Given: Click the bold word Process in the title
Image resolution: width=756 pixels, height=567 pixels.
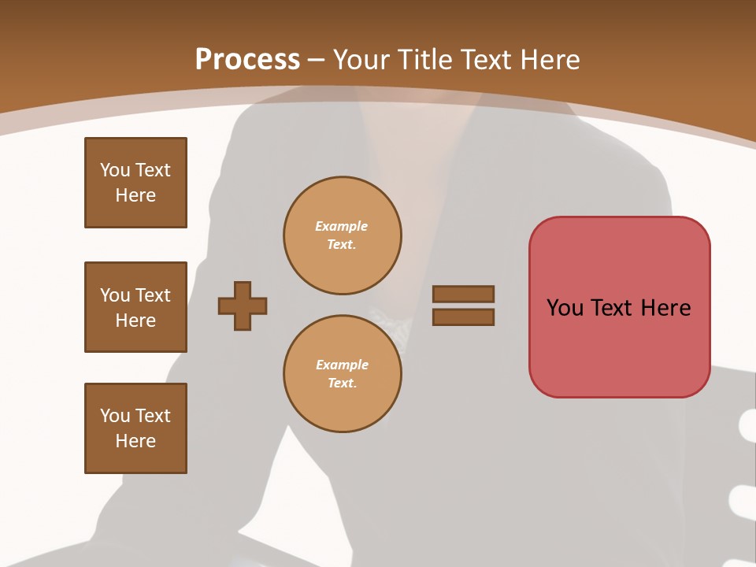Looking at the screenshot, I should coord(247,60).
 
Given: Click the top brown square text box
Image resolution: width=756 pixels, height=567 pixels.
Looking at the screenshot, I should coord(135,183).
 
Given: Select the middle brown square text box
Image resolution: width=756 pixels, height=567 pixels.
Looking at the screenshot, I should coord(135,307).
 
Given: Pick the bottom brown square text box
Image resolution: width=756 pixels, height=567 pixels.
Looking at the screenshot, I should coord(135,428).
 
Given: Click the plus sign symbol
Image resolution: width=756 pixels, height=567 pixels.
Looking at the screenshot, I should coord(243,306).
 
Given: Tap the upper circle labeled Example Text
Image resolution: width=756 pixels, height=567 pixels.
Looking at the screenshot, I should coord(342,235).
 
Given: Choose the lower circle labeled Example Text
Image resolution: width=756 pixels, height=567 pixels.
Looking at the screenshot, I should coord(342,373).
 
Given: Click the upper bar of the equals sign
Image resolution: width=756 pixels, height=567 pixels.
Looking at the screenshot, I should coord(463,294).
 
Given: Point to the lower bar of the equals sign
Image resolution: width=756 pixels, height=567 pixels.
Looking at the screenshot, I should coord(463,317).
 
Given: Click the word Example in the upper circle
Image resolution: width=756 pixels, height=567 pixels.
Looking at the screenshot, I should coord(341,226).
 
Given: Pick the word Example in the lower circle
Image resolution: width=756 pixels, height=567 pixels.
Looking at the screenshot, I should coord(341,365).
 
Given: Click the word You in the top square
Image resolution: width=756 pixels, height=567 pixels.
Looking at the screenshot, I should coord(115,170).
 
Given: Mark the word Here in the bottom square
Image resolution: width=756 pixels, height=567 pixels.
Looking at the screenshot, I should coord(135,441).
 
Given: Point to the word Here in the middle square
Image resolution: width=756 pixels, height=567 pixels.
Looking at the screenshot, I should coord(135,321).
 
